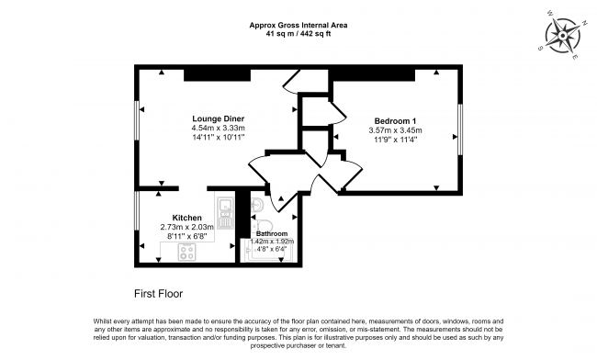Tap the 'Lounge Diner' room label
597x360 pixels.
point(218,118)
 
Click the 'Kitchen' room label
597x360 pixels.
point(186,218)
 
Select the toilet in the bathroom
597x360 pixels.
point(264,224)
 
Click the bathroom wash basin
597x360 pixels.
point(257,204)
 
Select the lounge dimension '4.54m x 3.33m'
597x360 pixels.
point(218,129)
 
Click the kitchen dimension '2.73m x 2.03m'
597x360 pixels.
point(186,228)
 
